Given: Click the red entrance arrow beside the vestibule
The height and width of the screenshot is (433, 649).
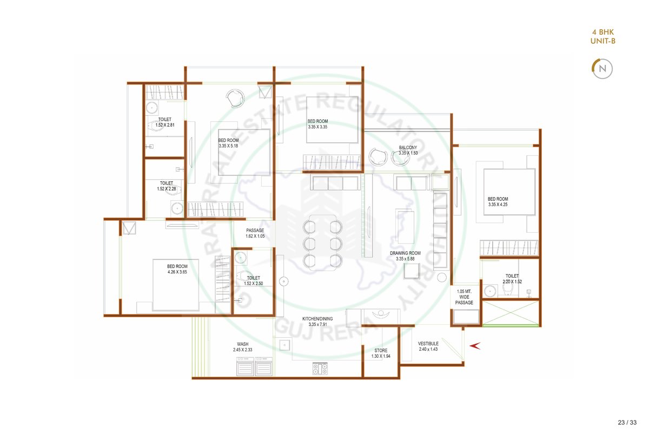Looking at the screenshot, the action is pyautogui.click(x=475, y=346).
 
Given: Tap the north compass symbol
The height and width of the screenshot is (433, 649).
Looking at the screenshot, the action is pyautogui.click(x=602, y=69).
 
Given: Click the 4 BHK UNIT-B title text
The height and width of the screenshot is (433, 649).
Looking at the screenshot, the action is pyautogui.click(x=602, y=37).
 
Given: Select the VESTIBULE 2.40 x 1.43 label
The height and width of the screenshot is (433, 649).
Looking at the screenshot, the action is pyautogui.click(x=428, y=346).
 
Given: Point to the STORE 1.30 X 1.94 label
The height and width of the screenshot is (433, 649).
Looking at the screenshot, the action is pyautogui.click(x=381, y=353).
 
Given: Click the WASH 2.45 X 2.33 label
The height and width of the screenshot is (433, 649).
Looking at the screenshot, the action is pyautogui.click(x=242, y=347).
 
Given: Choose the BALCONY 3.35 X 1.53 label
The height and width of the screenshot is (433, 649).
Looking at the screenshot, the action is pyautogui.click(x=408, y=150).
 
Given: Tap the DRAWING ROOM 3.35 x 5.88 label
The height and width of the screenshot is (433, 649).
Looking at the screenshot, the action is pyautogui.click(x=405, y=256).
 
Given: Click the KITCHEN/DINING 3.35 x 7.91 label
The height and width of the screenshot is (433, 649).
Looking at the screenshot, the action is pyautogui.click(x=317, y=322).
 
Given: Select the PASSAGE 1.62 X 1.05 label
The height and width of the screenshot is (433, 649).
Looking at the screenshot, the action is pyautogui.click(x=255, y=233).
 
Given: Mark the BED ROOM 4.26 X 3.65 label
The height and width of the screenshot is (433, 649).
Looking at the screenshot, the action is pyautogui.click(x=177, y=269).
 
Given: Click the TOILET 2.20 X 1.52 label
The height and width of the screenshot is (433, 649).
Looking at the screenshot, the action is pyautogui.click(x=512, y=279).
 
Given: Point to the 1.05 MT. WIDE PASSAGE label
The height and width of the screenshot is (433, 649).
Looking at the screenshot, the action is pyautogui.click(x=464, y=297).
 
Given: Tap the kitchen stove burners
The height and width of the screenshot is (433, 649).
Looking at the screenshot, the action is pyautogui.click(x=320, y=369).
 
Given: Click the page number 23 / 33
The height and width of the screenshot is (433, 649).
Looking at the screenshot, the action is pyautogui.click(x=627, y=422).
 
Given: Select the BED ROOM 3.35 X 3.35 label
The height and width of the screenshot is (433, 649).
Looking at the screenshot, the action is pyautogui.click(x=317, y=124).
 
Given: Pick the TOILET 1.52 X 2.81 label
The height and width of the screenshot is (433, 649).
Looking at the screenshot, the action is pyautogui.click(x=165, y=122).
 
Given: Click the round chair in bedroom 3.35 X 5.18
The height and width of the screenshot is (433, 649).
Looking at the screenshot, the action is pyautogui.click(x=235, y=98).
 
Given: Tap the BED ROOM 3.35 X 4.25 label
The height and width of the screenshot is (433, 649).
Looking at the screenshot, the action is pyautogui.click(x=498, y=201).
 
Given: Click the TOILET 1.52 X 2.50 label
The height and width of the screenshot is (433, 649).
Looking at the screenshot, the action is pyautogui.click(x=253, y=281).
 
